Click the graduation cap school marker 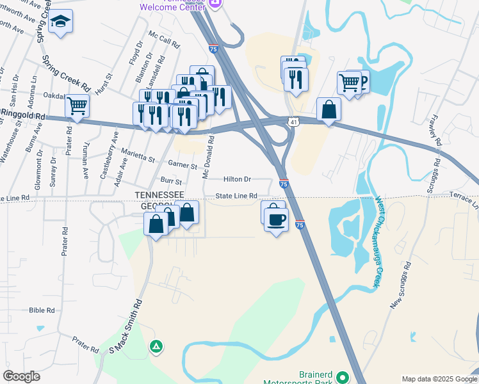61,23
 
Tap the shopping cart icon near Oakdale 77,106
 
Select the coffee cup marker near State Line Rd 276,220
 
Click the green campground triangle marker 156,347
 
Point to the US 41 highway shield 293,122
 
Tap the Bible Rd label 42,310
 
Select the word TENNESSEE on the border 159,195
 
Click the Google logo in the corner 21,376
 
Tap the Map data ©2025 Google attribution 439,379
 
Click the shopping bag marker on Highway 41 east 329,109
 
